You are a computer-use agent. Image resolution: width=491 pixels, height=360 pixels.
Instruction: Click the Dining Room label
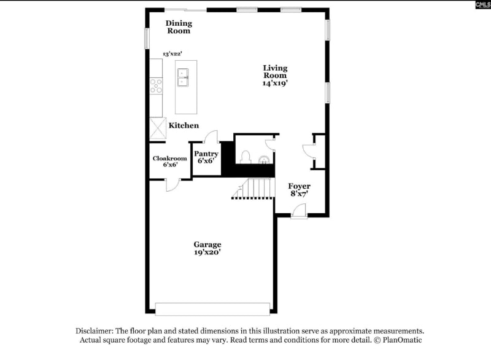point(179,27)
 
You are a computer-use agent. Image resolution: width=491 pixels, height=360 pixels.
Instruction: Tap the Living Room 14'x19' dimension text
point(275,82)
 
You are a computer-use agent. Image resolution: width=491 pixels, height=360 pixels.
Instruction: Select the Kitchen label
point(184,125)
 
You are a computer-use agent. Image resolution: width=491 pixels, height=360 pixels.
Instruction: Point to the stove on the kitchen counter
point(156,85)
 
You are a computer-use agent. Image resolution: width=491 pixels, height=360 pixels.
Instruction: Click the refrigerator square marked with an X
point(157,128)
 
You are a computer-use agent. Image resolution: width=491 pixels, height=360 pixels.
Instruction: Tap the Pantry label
point(206,154)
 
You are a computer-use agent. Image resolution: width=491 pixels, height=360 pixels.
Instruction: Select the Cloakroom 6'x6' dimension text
point(170,165)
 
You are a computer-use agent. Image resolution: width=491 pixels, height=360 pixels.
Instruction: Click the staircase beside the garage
point(253,188)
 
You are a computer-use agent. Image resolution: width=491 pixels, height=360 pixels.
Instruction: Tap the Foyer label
point(300,186)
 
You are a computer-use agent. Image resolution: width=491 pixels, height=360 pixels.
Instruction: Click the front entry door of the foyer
point(299,211)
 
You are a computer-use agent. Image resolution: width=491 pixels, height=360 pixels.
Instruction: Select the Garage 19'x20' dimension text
point(207,252)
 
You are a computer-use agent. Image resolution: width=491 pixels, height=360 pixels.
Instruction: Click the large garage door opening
point(212,308)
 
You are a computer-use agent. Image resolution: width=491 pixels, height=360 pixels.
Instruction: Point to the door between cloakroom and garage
point(172,183)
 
